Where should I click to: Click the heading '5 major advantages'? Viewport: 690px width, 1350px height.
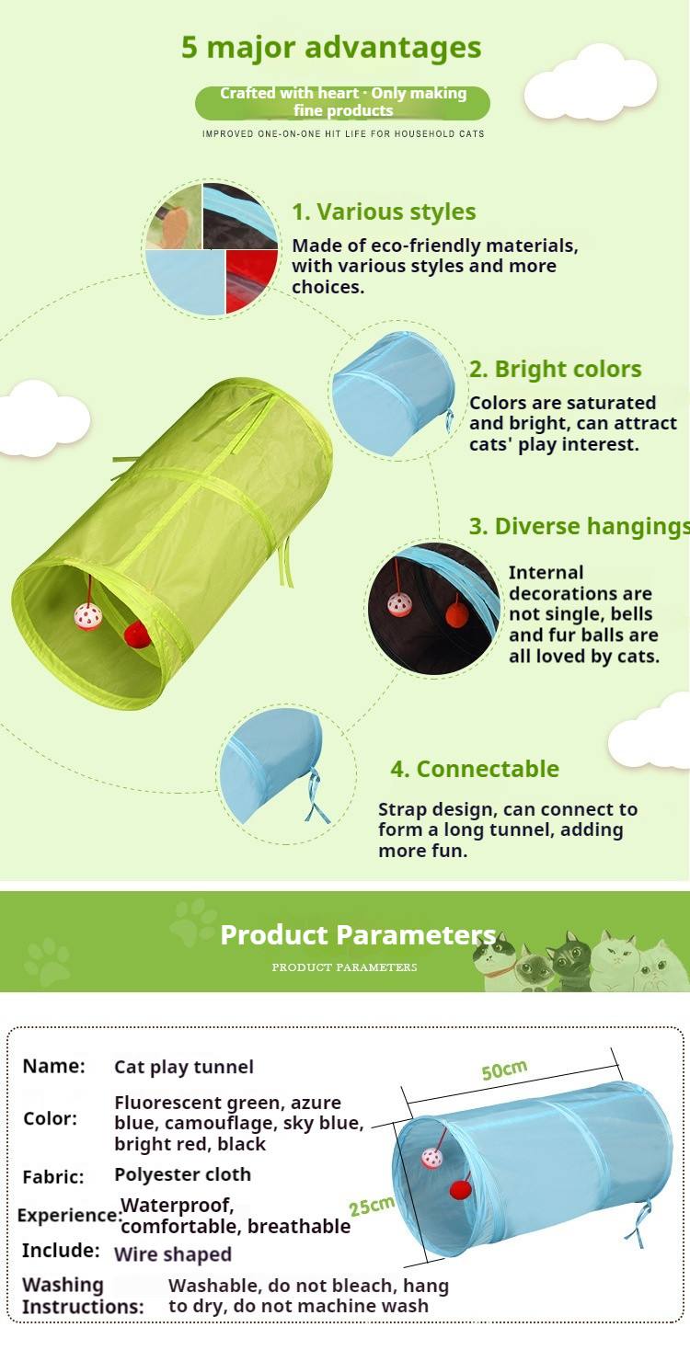click(x=331, y=48)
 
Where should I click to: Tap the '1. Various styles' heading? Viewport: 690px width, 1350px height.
click(x=384, y=212)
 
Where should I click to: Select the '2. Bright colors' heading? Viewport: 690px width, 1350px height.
click(x=556, y=369)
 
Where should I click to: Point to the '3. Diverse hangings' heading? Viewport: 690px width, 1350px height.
click(x=579, y=526)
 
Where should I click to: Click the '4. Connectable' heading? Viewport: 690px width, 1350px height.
click(x=475, y=769)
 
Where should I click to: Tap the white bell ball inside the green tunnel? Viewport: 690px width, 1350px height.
click(x=88, y=616)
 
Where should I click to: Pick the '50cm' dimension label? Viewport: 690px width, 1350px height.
click(x=504, y=1070)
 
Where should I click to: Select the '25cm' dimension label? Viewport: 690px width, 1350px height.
click(x=372, y=1206)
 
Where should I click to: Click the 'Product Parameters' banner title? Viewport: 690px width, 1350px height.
click(x=358, y=934)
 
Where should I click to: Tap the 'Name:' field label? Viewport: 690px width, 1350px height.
click(x=53, y=1066)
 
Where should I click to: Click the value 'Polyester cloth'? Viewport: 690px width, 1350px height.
click(x=183, y=1174)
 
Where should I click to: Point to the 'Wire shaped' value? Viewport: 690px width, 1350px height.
click(x=173, y=1254)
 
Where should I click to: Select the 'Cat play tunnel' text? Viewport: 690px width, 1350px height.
click(x=184, y=1068)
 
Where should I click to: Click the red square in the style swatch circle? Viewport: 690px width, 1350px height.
click(x=251, y=280)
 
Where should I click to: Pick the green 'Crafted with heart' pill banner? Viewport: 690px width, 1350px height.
click(x=342, y=102)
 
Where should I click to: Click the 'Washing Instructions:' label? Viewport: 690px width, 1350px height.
click(x=83, y=1296)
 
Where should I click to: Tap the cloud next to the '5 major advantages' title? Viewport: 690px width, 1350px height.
click(x=591, y=83)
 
